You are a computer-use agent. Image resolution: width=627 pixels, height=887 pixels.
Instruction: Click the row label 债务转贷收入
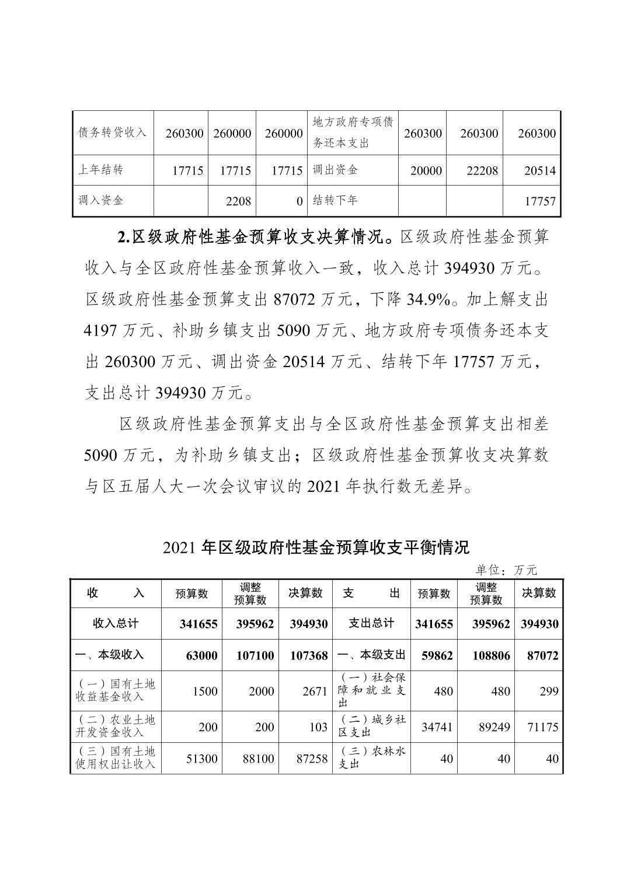coord(112,132)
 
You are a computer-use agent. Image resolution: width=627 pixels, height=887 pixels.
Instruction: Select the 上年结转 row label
coord(101,170)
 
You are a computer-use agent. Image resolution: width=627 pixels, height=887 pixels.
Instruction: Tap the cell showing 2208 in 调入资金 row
coord(238,201)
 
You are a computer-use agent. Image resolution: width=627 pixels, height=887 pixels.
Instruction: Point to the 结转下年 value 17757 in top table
coord(540,201)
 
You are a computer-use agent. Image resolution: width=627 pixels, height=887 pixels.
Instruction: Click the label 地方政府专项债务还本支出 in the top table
coord(353,132)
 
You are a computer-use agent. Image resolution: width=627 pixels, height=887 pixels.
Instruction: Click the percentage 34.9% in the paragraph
coord(429,300)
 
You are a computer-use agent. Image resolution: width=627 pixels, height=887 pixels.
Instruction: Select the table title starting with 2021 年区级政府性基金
coord(316,547)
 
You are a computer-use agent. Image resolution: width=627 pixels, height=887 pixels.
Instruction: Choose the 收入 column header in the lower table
coord(115,593)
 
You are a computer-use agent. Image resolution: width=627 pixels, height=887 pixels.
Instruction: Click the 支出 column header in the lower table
coord(371,593)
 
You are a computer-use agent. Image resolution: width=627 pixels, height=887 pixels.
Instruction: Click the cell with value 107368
coord(309,655)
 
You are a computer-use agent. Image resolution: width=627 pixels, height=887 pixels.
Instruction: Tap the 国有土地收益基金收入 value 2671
coord(315,692)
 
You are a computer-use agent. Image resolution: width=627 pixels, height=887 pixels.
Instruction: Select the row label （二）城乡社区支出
coord(372,727)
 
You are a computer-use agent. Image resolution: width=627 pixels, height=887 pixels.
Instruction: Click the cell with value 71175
coord(542,727)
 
